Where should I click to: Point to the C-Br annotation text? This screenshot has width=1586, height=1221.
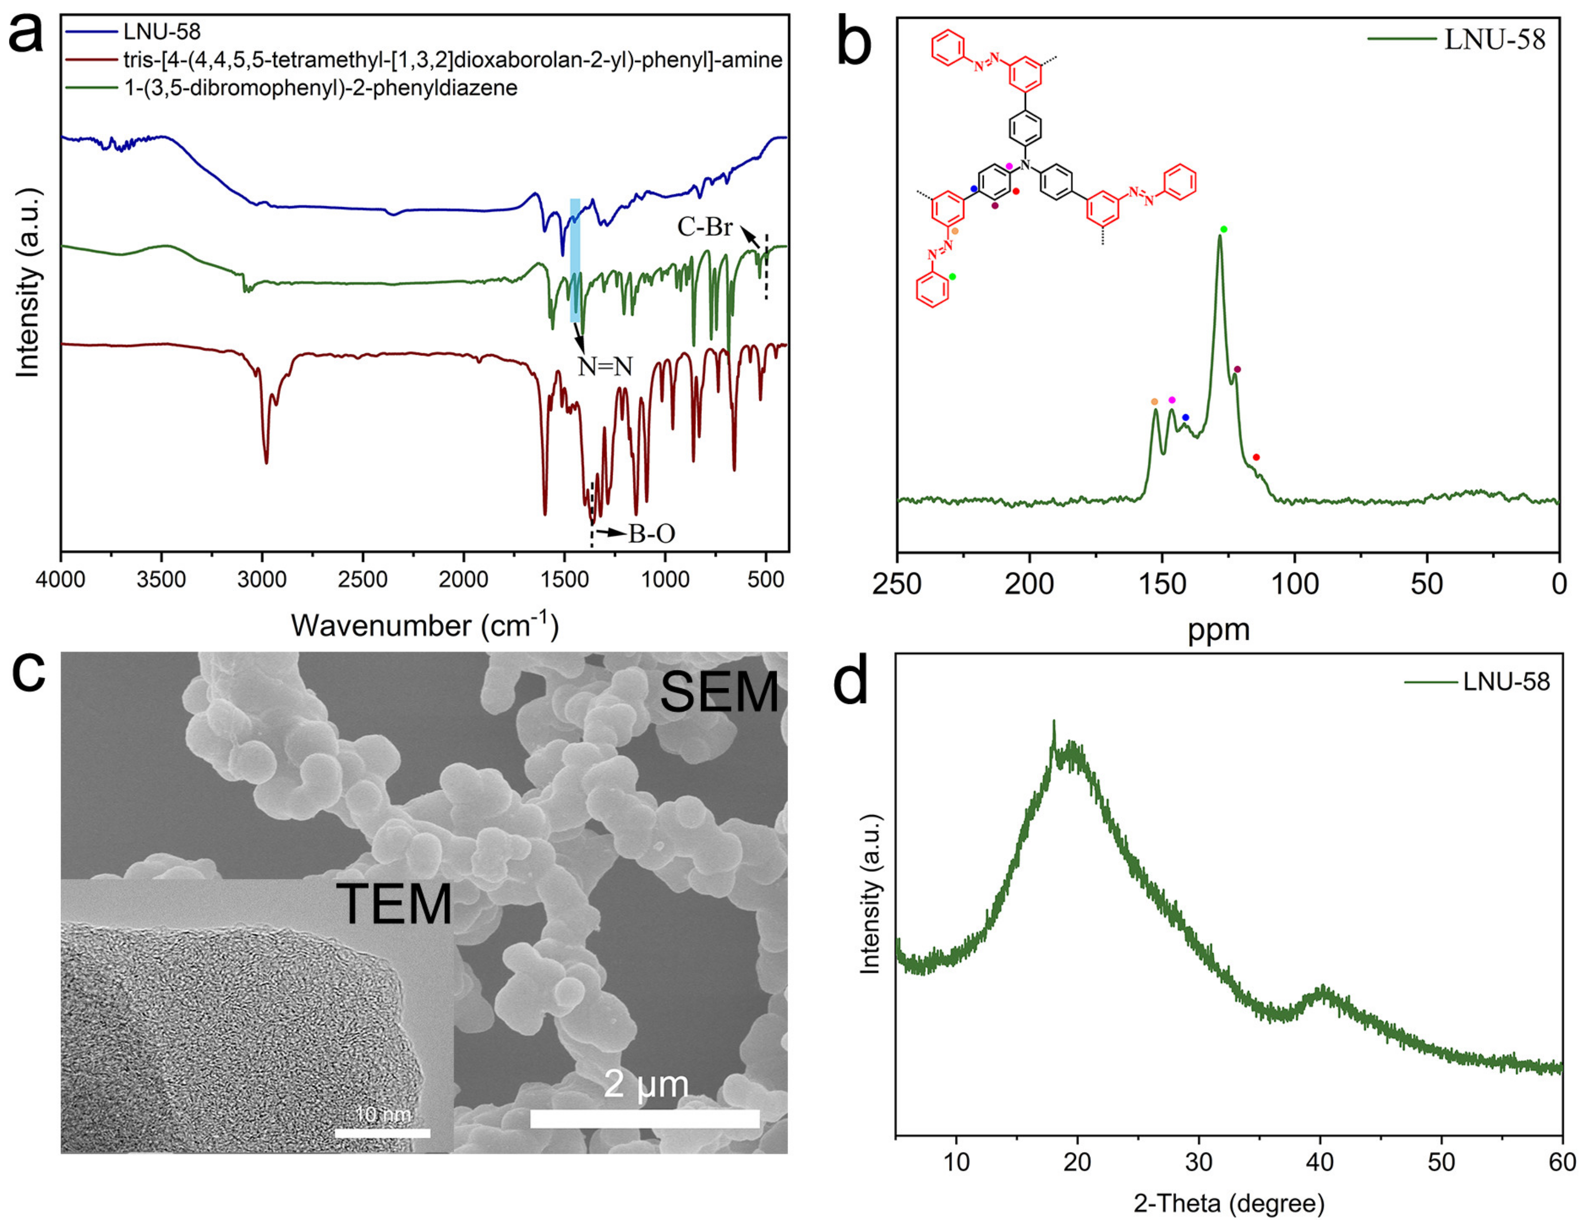pos(704,227)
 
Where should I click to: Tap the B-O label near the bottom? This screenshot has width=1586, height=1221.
pos(651,534)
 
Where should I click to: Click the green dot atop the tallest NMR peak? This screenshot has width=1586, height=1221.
pos(1224,229)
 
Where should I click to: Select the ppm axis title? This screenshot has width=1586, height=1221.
pos(1219,629)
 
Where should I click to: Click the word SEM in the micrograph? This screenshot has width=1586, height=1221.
pos(719,692)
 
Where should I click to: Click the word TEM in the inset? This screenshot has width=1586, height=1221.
pos(394,904)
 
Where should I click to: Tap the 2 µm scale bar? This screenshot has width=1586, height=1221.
pos(645,1118)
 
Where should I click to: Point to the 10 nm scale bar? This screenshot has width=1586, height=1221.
pos(383,1132)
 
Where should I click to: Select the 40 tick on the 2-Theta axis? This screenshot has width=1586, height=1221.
pos(1320,1162)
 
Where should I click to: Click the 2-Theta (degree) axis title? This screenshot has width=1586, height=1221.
pos(1229,1204)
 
